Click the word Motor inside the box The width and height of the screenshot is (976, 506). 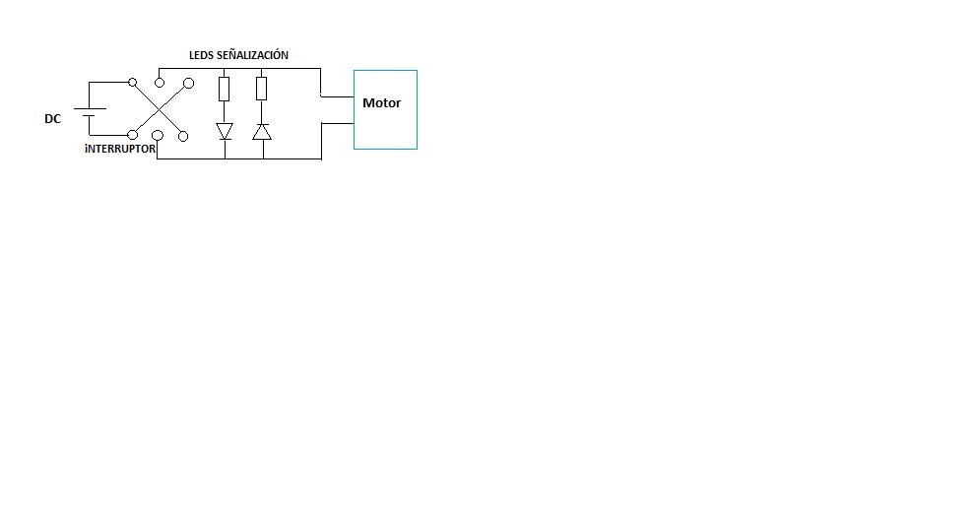(x=381, y=102)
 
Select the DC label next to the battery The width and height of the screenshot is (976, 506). (x=53, y=119)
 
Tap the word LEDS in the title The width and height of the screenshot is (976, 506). (x=201, y=55)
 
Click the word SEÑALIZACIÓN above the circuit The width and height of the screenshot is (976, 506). (x=253, y=55)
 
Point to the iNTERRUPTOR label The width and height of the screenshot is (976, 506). (x=120, y=149)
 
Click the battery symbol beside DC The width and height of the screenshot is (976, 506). (x=90, y=112)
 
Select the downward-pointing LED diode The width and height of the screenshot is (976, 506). (x=225, y=131)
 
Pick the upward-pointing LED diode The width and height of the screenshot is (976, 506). (x=262, y=131)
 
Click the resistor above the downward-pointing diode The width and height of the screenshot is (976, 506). (x=225, y=89)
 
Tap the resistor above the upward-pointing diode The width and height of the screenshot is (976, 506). (x=261, y=89)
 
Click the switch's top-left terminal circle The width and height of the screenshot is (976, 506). (x=132, y=82)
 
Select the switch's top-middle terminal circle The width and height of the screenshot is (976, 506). (x=160, y=83)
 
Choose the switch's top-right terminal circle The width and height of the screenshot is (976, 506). (x=189, y=83)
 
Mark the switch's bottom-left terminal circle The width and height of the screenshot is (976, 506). (x=132, y=135)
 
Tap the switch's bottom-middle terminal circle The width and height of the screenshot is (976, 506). (x=158, y=135)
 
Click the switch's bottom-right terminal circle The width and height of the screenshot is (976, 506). (x=183, y=136)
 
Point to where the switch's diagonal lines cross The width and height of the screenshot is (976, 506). (x=160, y=109)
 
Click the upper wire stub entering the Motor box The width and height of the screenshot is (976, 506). (x=338, y=96)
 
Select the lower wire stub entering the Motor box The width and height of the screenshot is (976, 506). (x=338, y=123)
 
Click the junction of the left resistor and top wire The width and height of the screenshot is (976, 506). (x=225, y=69)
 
